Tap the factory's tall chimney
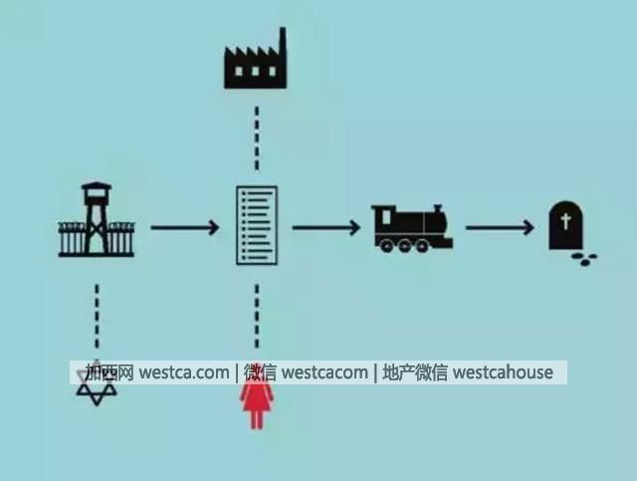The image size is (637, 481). [282, 45]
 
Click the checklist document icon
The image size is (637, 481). [256, 225]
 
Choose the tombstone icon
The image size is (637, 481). [567, 226]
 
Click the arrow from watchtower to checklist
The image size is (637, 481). [185, 228]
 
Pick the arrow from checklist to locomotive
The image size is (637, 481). [325, 228]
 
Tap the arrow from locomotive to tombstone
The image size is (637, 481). [500, 228]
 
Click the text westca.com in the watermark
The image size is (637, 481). [184, 372]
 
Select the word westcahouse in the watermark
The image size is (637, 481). [503, 372]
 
